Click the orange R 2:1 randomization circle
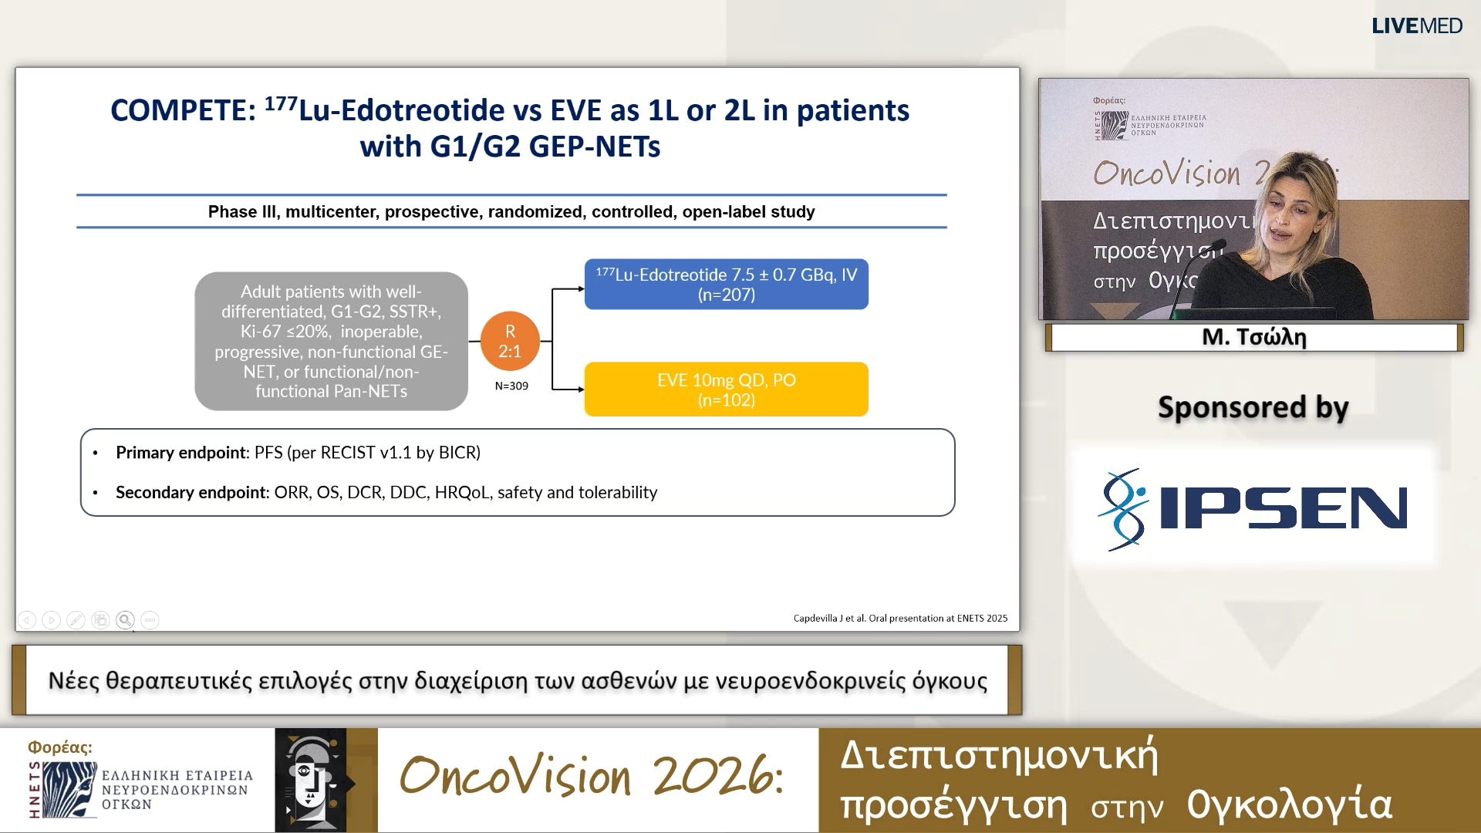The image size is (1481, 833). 510,341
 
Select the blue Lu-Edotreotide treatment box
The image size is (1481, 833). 726,285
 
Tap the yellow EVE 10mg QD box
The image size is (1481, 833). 726,390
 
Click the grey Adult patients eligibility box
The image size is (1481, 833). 331,341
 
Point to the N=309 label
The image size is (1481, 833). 511,386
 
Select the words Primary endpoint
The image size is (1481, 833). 180,453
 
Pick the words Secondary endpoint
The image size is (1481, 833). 190,493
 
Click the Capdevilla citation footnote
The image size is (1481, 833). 900,619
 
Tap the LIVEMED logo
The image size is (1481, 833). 1416,26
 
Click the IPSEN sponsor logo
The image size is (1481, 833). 1253,509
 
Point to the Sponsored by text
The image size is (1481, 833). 1253,407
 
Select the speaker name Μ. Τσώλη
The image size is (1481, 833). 1253,337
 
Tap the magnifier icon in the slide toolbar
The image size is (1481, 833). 125,620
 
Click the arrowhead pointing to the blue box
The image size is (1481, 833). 580,289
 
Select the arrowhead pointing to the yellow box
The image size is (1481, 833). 580,390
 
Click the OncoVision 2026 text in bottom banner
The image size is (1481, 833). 591,776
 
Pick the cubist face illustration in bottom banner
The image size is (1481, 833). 311,780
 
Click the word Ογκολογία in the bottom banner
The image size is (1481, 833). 1289,804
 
